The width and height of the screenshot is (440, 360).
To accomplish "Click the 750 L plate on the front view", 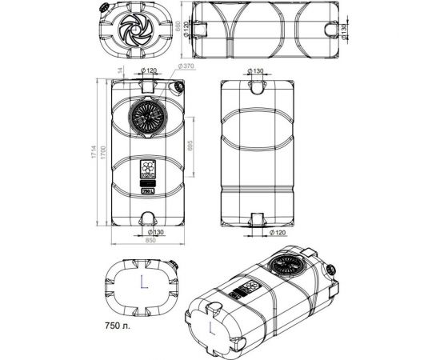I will [x=148, y=191].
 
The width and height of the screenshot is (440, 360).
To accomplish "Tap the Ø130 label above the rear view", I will [x=255, y=71].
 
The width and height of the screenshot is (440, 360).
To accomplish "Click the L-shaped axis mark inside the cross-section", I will [x=142, y=282].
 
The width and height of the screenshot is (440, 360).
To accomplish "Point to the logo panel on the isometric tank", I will [x=250, y=288].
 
